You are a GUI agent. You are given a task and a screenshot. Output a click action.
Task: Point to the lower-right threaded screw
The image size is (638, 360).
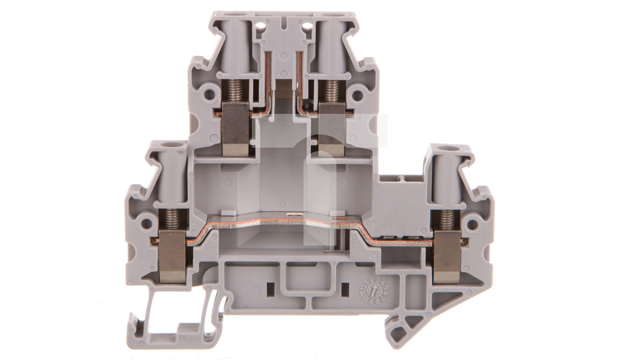(x=447, y=220)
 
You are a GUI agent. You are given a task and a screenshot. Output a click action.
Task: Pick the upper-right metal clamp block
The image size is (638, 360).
(x=332, y=129)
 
